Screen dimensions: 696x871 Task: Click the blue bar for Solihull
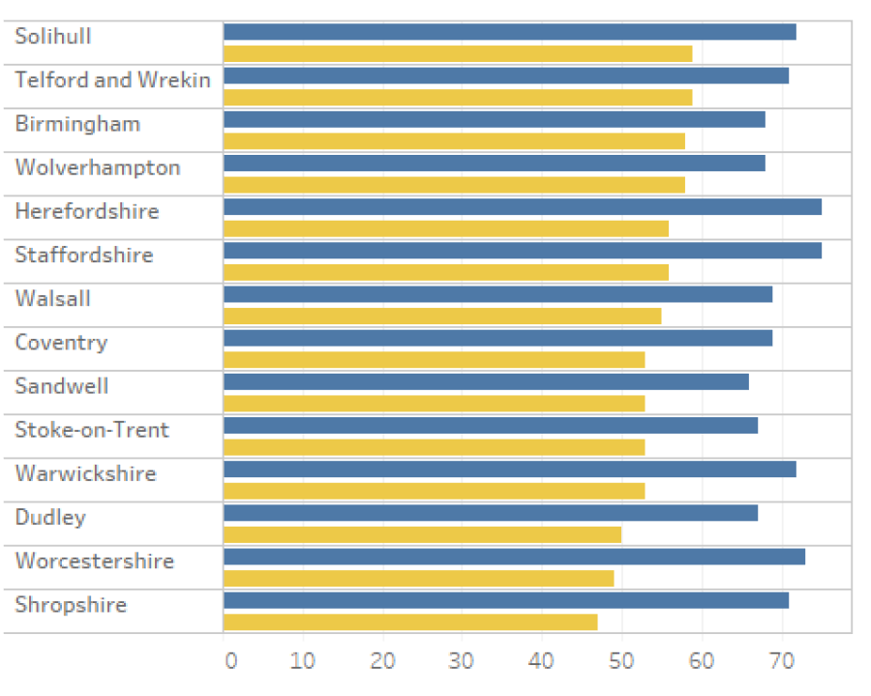coord(509,32)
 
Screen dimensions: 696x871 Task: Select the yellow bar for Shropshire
coord(410,621)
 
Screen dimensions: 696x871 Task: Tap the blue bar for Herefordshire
coord(523,206)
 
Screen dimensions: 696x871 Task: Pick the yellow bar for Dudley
coord(422,534)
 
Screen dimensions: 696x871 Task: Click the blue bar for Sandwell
coord(486,381)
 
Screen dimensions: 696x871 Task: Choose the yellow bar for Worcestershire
coord(418,578)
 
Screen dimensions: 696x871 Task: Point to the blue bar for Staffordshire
coord(523,251)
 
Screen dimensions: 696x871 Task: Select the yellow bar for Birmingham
coord(454,141)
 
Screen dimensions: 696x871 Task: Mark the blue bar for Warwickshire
coord(509,469)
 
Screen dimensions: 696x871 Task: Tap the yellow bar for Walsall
coord(442,316)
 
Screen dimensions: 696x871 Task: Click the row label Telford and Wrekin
coord(112,79)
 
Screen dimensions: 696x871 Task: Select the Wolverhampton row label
coord(98,167)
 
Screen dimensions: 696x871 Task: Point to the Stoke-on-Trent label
coord(92,430)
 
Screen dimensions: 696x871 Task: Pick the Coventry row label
coord(61,343)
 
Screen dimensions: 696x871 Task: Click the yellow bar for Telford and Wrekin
coord(458,97)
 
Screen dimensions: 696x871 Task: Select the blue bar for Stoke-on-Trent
coord(491,426)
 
